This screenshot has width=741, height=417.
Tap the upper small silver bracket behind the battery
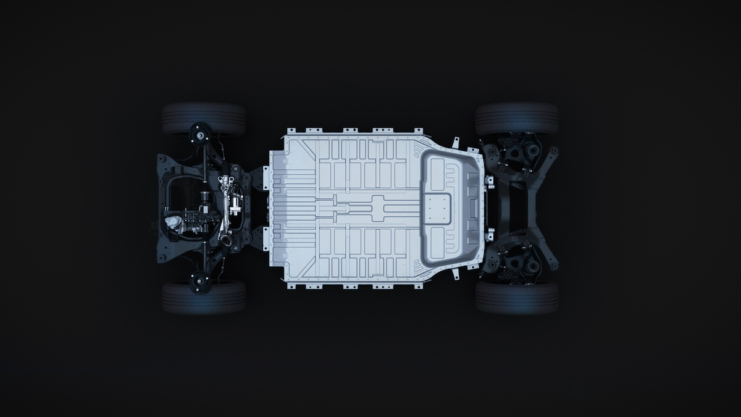point(490,182)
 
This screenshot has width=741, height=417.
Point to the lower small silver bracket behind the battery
point(490,235)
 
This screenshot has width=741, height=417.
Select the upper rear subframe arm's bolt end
point(555,150)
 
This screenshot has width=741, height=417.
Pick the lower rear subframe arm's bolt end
point(555,266)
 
